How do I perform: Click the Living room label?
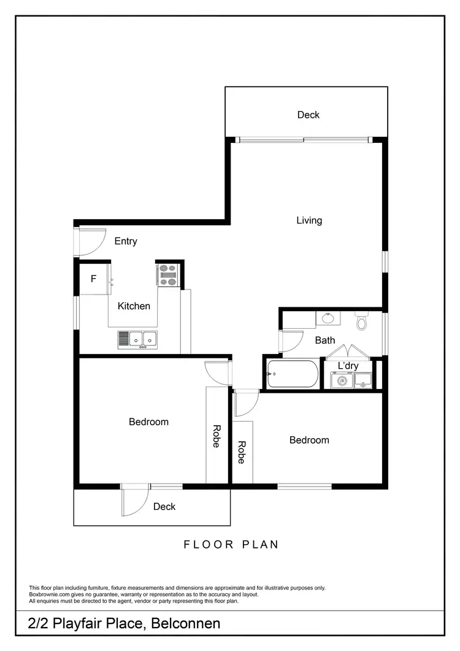(x=309, y=221)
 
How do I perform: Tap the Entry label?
(x=126, y=242)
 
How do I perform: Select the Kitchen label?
(x=134, y=306)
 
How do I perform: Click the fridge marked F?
(x=94, y=279)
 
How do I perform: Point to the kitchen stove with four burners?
(x=167, y=275)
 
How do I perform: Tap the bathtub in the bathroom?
(x=293, y=374)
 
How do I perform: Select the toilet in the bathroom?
(x=361, y=321)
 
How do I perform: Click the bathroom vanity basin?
(x=328, y=318)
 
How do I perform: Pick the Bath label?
(x=325, y=340)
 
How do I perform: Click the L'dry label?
(x=348, y=366)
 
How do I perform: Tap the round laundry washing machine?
(x=339, y=382)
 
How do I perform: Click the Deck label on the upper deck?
(x=309, y=115)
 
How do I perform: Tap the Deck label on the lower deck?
(x=164, y=507)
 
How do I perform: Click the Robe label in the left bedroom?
(x=216, y=436)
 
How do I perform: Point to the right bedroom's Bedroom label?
(x=309, y=441)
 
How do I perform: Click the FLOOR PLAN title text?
(x=231, y=544)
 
